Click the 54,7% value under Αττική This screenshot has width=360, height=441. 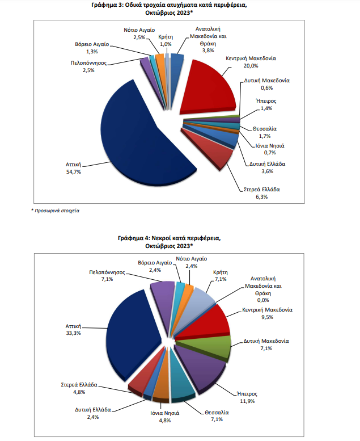click(x=74, y=171)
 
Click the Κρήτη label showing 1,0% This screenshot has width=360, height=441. click(x=166, y=36)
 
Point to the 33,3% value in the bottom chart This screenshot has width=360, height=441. click(x=74, y=333)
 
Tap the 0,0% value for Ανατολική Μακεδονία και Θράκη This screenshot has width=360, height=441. click(x=262, y=300)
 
